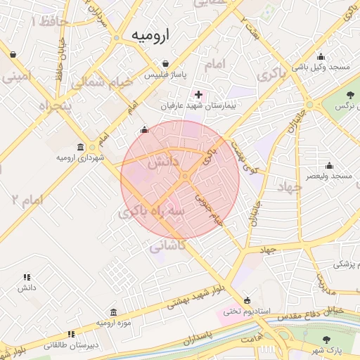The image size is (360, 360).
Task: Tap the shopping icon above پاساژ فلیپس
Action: pyautogui.click(x=165, y=62)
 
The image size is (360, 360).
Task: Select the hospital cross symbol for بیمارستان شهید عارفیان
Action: pyautogui.click(x=198, y=94)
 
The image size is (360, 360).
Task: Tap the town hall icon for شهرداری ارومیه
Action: pyautogui.click(x=80, y=147)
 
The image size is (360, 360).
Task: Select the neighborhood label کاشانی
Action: pyautogui.click(x=167, y=245)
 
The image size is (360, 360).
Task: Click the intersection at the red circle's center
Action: pyautogui.click(x=185, y=176)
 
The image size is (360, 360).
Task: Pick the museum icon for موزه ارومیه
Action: pyautogui.click(x=113, y=312)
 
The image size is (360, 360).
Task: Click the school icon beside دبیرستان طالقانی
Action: pyautogui.click(x=70, y=335)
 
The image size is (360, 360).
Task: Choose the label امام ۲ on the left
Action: pyautogui.click(x=27, y=200)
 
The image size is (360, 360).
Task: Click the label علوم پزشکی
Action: pyautogui.click(x=345, y=264)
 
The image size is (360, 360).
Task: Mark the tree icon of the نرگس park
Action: pyautogui.click(x=349, y=94)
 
